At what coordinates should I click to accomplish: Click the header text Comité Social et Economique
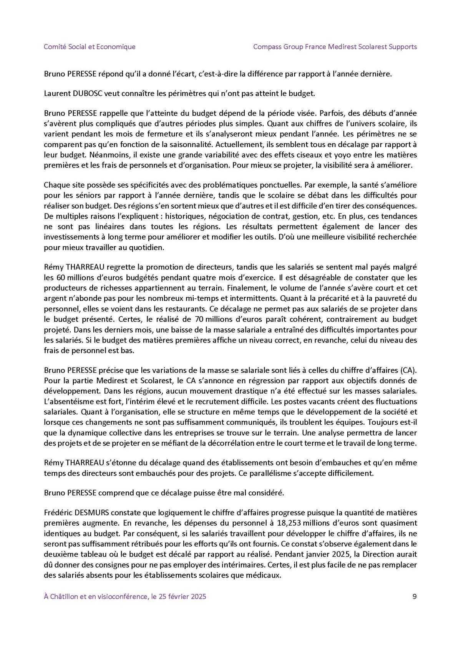[90, 47]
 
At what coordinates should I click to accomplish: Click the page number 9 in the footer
[414, 596]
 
